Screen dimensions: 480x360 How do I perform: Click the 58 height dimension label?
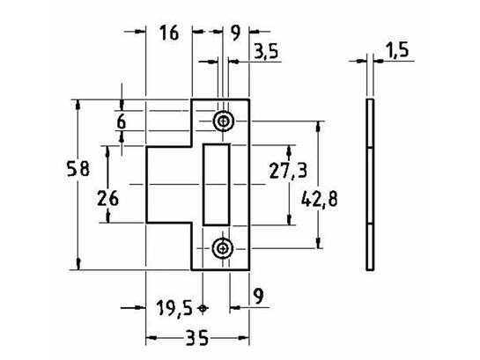78,169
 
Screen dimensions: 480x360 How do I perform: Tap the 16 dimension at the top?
169,33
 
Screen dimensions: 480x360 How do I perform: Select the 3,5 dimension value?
266,51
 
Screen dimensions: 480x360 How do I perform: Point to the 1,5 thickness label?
396,50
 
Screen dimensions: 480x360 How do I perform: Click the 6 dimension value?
122,122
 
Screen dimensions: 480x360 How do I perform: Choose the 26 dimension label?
107,198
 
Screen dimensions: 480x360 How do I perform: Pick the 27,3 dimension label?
288,171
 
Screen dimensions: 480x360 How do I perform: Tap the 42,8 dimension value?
320,199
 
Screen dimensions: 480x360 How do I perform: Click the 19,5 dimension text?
174,308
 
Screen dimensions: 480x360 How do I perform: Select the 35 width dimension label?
197,338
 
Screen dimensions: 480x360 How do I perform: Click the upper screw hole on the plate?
224,121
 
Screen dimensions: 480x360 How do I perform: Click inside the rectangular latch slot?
217,185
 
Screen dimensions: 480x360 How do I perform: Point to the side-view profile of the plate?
370,185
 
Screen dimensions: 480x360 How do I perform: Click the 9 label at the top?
235,33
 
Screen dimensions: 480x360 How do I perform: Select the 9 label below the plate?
259,296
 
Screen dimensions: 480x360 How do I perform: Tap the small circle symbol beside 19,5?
203,308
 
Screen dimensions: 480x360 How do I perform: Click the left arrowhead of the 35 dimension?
151,338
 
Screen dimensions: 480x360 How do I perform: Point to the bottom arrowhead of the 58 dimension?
78,264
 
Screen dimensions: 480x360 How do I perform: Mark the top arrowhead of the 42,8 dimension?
319,127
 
